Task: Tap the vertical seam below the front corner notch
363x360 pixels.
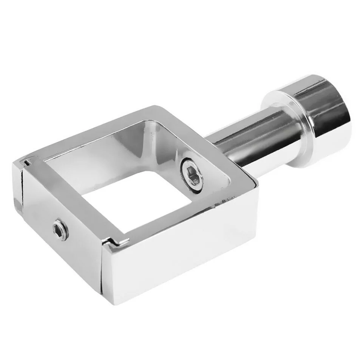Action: tap(102, 272)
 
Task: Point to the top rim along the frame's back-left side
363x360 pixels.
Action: tap(87, 132)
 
